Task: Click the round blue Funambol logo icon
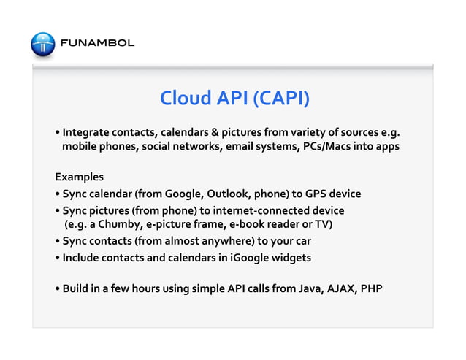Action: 42,43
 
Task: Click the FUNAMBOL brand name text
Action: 97,43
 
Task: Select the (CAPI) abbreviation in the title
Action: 280,98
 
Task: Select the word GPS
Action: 317,194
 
